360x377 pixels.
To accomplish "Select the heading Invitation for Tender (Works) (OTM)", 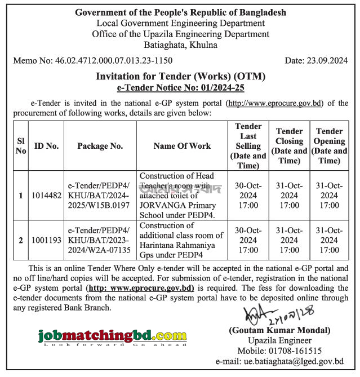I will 181,77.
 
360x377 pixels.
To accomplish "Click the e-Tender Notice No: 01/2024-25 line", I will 181,88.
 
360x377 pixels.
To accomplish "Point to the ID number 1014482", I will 46,196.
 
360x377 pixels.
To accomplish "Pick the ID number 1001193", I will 46,240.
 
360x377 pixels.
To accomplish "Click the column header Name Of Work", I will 182,146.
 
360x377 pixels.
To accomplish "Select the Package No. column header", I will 100,146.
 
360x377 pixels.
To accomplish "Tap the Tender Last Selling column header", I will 248,146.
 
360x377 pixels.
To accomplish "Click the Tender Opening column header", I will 330,146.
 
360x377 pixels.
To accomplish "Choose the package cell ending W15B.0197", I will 100,196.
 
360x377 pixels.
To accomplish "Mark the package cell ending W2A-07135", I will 100,240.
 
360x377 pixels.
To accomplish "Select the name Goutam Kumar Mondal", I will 281,330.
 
